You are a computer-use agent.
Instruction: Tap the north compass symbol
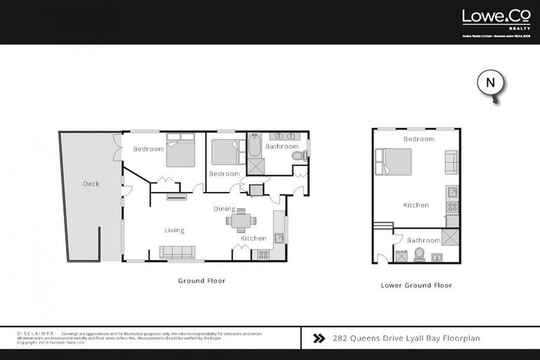pyautogui.click(x=491, y=83)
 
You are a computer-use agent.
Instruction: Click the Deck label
pyautogui.click(x=91, y=184)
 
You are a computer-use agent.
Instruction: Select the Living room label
pyautogui.click(x=174, y=230)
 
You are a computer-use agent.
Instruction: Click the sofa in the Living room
pyautogui.click(x=177, y=252)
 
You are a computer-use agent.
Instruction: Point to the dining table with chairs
pyautogui.click(x=240, y=220)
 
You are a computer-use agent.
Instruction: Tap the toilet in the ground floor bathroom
pyautogui.click(x=297, y=155)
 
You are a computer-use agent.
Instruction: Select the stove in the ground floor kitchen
pyautogui.click(x=263, y=255)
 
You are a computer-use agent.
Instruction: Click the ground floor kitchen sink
pyautogui.click(x=279, y=238)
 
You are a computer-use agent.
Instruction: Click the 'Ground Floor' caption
pyautogui.click(x=202, y=281)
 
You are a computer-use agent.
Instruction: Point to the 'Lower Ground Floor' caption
pyautogui.click(x=416, y=285)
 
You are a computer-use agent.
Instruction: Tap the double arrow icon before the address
pyautogui.click(x=319, y=338)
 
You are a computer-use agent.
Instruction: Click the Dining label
pyautogui.click(x=224, y=209)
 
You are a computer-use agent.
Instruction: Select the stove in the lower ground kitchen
pyautogui.click(x=452, y=207)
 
